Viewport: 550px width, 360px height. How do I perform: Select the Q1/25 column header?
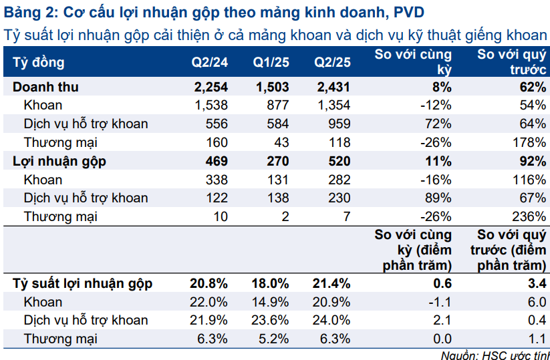(x=271, y=62)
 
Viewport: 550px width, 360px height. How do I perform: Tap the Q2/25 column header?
(x=332, y=62)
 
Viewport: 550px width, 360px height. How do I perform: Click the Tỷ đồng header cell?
(x=39, y=62)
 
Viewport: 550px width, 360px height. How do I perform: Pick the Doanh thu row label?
(x=45, y=87)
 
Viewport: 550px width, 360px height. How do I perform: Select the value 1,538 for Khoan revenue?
(x=212, y=105)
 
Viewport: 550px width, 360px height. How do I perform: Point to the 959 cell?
(x=339, y=124)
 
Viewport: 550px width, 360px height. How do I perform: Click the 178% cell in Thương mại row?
(x=531, y=142)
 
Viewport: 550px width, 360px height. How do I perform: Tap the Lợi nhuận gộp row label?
(x=60, y=161)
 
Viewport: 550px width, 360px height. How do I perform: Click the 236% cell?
(x=531, y=216)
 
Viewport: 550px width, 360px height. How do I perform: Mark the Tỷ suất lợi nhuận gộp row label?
(x=83, y=283)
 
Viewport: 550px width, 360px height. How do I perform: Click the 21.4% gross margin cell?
(x=331, y=283)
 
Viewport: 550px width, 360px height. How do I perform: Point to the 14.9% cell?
(x=271, y=302)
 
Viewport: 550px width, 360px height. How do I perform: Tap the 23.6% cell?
(x=271, y=320)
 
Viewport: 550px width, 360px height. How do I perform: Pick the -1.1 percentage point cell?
(x=442, y=302)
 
